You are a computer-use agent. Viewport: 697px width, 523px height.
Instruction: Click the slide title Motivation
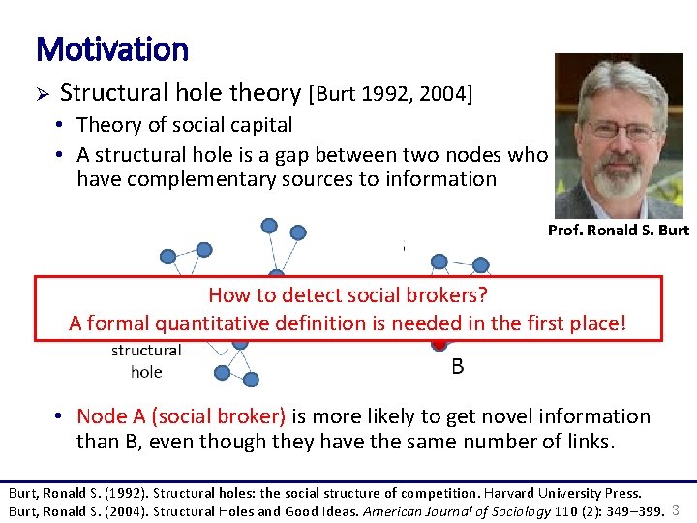[x=111, y=47]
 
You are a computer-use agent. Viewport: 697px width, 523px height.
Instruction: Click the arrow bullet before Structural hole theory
[x=42, y=94]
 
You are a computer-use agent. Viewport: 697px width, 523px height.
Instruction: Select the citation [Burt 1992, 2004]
[x=390, y=94]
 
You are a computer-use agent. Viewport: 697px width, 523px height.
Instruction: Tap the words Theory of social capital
[x=184, y=125]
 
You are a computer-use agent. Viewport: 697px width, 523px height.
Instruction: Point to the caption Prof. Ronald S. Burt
[x=618, y=231]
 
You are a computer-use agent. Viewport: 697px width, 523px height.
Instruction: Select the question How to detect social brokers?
[x=348, y=295]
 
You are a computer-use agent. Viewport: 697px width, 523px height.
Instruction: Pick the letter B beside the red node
[x=458, y=367]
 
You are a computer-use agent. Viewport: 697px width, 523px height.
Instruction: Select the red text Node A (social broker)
[x=181, y=416]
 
